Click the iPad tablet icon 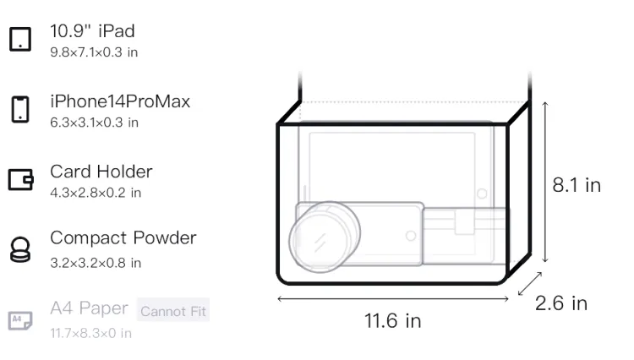[x=20, y=39]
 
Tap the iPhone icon [x=20, y=109]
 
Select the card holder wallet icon [x=20, y=179]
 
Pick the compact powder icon [x=20, y=249]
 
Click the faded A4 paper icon [x=20, y=320]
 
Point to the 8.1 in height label [x=577, y=185]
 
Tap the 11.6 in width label [x=392, y=321]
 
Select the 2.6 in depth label [x=561, y=303]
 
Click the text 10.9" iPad [x=93, y=31]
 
